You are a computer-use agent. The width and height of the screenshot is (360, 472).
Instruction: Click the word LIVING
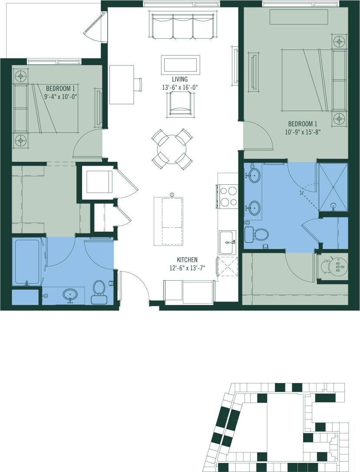(179, 79)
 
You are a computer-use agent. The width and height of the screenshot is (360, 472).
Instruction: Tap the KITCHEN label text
(187, 260)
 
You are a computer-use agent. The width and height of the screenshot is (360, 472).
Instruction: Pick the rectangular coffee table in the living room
(180, 65)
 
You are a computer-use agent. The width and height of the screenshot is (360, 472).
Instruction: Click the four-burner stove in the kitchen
(228, 196)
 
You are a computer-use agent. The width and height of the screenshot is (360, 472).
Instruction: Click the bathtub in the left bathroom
(27, 261)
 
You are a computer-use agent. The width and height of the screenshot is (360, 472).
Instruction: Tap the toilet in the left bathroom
(99, 292)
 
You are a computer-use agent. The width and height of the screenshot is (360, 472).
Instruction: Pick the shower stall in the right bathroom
(333, 187)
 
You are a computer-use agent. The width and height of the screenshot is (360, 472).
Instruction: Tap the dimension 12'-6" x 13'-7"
(187, 268)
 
